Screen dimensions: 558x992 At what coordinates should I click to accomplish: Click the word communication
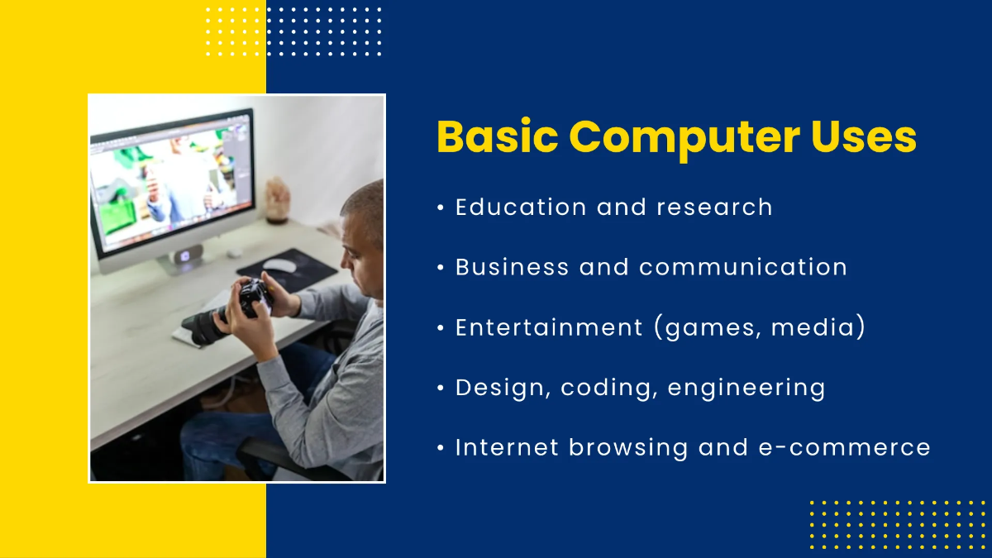743,267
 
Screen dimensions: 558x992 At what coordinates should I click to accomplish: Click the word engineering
746,388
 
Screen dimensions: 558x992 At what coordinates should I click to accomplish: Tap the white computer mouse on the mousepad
279,265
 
